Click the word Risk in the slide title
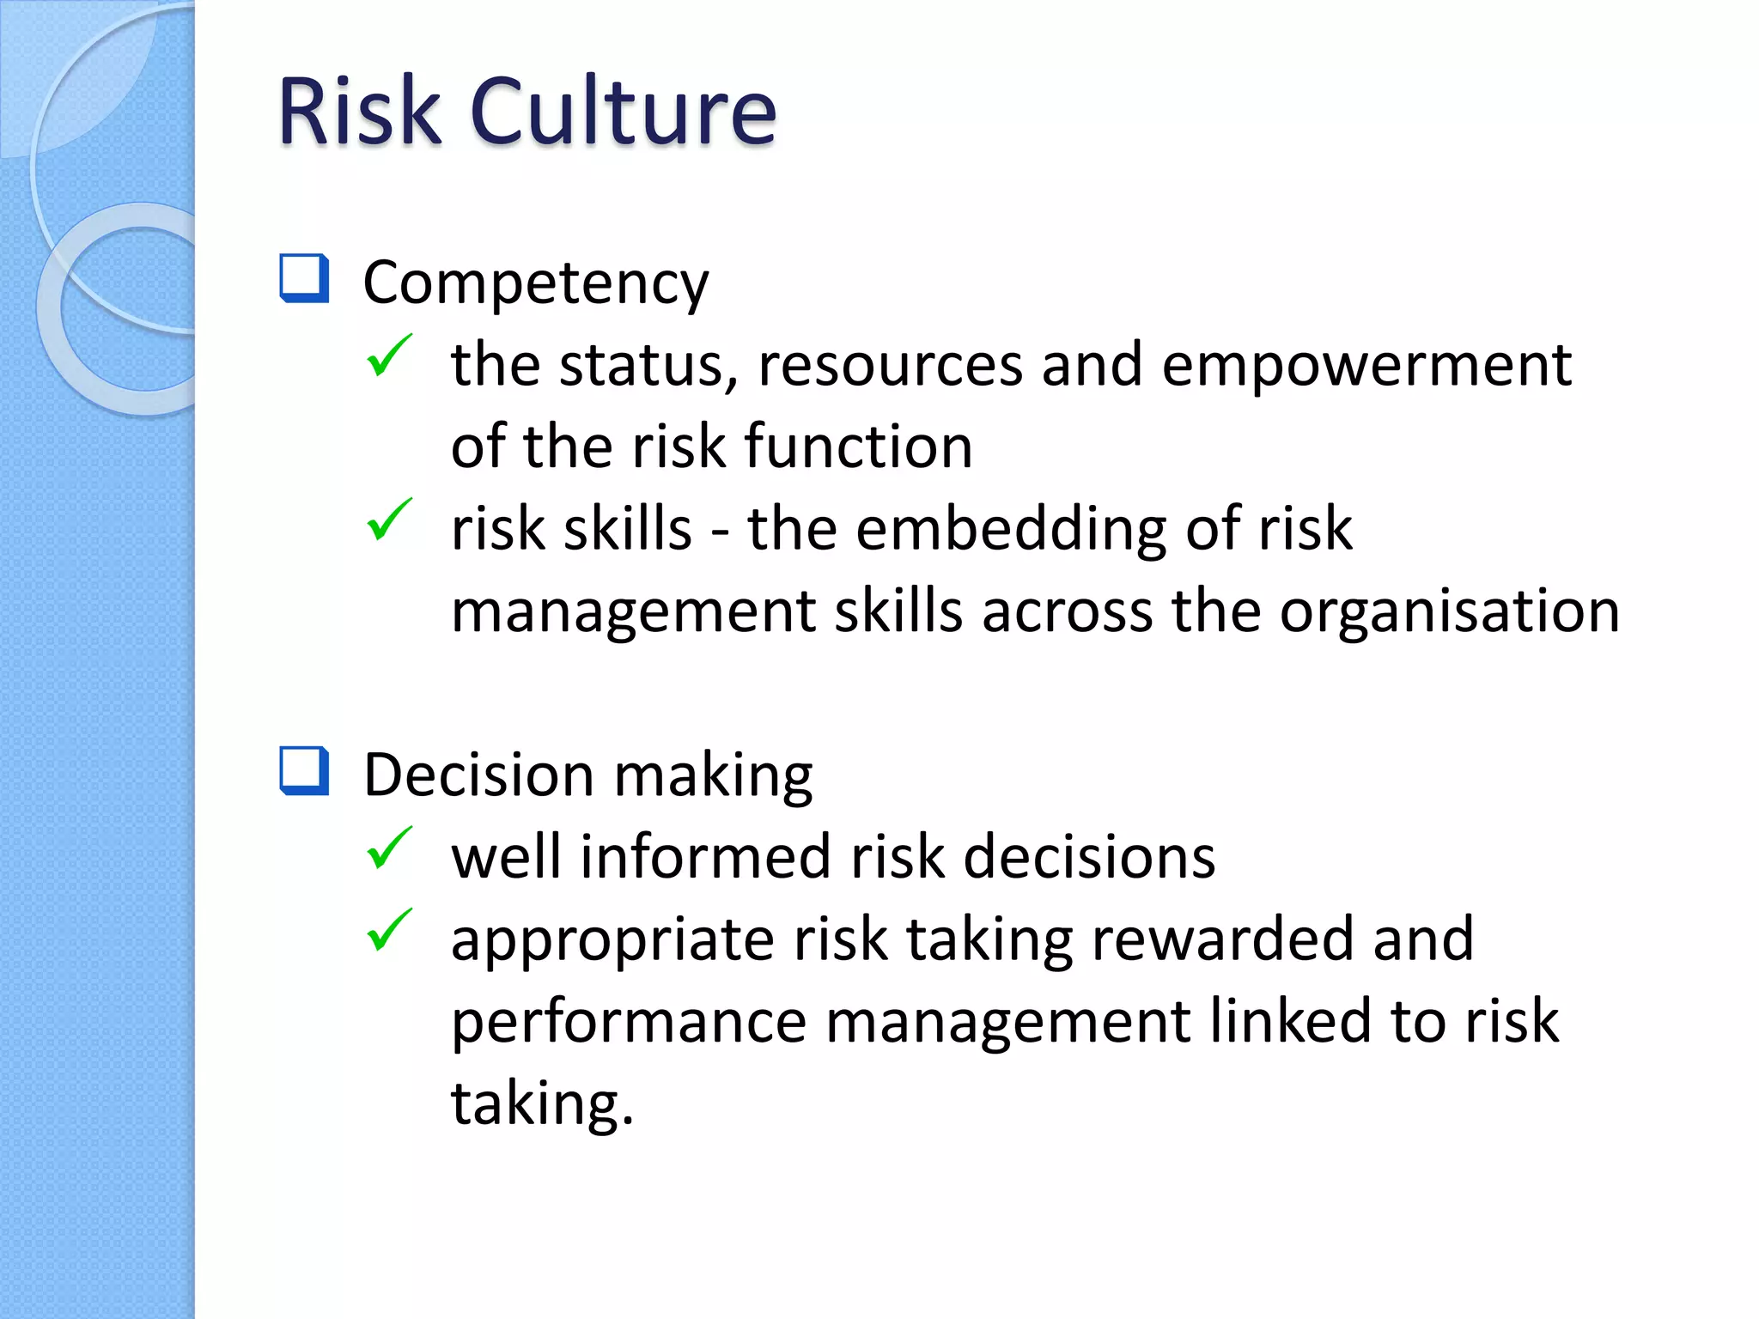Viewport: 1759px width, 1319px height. [x=359, y=112]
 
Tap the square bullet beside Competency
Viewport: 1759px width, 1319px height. [x=304, y=278]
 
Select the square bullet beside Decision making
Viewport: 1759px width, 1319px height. [x=304, y=770]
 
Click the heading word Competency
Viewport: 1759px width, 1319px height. [x=535, y=283]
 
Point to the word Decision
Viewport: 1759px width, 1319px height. [x=478, y=775]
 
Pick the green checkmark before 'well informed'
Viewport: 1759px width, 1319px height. [x=389, y=848]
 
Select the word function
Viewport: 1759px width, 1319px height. [x=858, y=447]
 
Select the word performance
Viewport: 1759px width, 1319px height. [x=629, y=1022]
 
